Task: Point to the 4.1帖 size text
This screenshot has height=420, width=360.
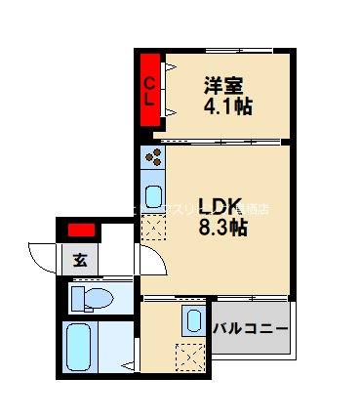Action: [227, 105]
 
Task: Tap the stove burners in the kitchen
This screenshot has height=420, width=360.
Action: [152, 157]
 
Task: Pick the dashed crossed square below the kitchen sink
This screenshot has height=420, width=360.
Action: [153, 231]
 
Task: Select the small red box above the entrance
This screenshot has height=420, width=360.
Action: [81, 231]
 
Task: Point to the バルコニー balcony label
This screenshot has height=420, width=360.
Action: [250, 326]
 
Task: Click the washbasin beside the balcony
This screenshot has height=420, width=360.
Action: [190, 317]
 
